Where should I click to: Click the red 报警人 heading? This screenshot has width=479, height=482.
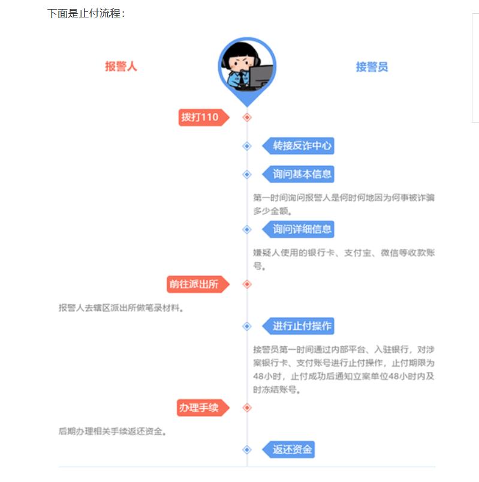[121, 67]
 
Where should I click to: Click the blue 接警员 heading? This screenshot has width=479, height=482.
[372, 67]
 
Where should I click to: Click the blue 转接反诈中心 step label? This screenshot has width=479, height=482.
[301, 145]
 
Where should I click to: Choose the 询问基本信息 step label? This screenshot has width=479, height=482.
[301, 174]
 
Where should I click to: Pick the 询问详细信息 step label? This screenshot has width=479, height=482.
[301, 229]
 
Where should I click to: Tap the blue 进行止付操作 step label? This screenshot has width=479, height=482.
[301, 326]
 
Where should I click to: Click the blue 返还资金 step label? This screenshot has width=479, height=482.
[291, 449]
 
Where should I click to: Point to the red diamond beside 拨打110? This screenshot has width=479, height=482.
[247, 117]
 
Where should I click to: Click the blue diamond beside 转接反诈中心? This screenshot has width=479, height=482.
[247, 145]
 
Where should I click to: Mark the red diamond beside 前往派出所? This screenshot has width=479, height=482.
[247, 284]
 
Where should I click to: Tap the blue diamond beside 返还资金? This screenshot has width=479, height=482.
[247, 449]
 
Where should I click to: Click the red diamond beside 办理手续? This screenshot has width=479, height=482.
[247, 408]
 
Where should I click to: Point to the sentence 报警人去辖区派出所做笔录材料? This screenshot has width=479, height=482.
[120, 308]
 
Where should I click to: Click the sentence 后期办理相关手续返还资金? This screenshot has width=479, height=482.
[112, 431]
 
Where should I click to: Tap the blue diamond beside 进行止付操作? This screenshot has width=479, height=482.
[247, 326]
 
